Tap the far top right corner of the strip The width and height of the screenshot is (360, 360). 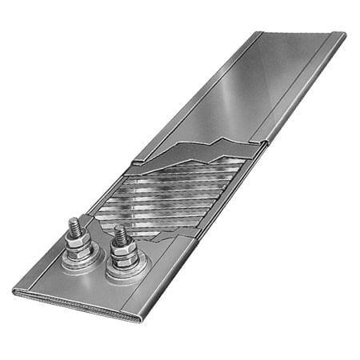click(x=344, y=35)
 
